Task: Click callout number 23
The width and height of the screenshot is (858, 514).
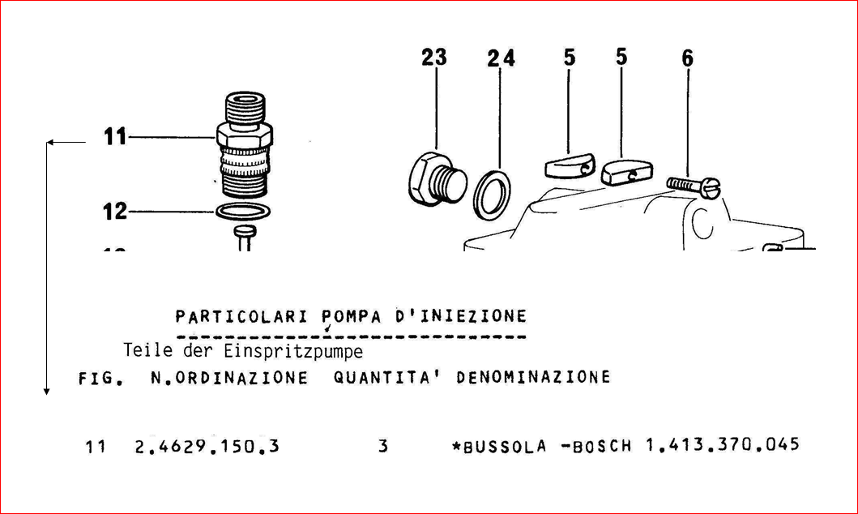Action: (x=434, y=58)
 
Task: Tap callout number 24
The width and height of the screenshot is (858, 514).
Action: (x=502, y=58)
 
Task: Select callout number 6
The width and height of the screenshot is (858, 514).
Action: (x=687, y=58)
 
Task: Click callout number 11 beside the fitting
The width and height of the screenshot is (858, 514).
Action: (x=116, y=137)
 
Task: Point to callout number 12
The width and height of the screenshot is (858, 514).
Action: (x=116, y=212)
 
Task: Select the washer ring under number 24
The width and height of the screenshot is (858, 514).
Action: (x=492, y=195)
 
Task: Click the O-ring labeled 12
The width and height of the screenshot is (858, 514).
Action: (x=243, y=212)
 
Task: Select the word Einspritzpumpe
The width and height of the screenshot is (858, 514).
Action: (x=293, y=351)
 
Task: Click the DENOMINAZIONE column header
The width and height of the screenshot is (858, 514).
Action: (x=533, y=377)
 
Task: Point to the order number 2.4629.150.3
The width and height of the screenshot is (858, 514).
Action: (x=207, y=447)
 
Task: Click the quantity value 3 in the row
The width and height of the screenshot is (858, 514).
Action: (x=383, y=447)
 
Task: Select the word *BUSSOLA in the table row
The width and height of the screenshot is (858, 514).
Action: (x=499, y=447)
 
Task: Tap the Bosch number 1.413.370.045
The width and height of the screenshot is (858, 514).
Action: (x=723, y=444)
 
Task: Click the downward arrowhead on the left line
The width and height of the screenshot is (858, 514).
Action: (x=46, y=392)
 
